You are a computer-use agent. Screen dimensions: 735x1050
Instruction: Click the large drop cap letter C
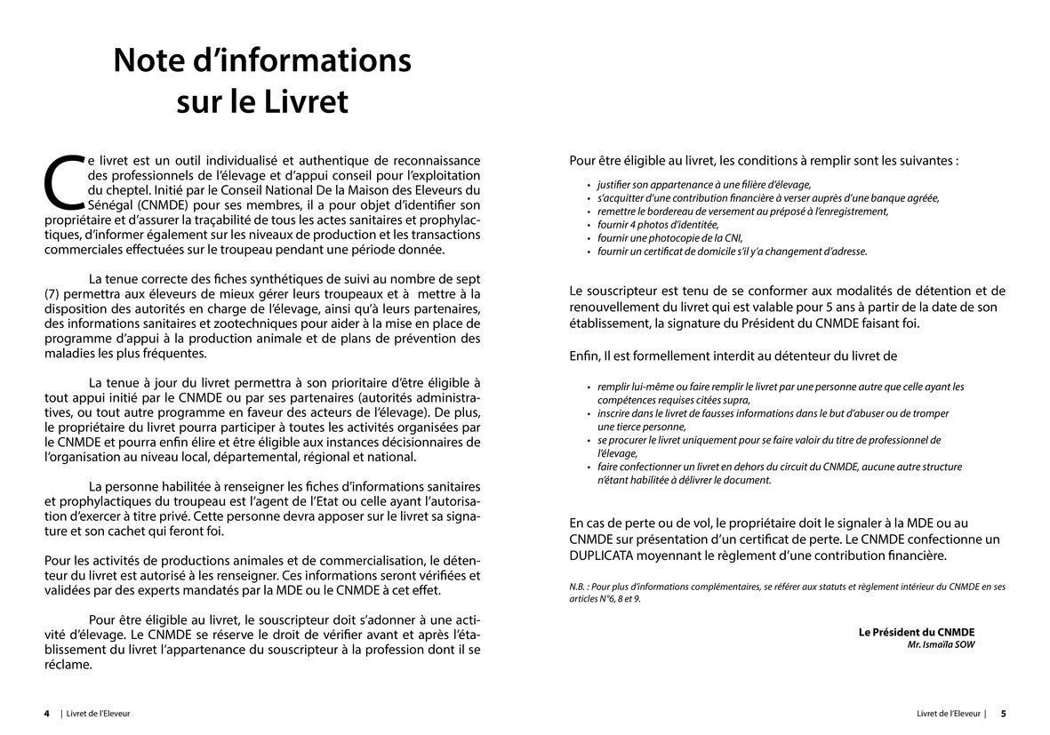point(63,180)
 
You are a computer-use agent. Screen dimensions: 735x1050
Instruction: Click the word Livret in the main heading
point(306,101)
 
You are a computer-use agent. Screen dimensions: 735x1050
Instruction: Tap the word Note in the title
point(156,60)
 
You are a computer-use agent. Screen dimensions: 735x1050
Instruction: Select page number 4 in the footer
point(47,713)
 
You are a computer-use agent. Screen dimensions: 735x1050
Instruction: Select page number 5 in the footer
point(1003,713)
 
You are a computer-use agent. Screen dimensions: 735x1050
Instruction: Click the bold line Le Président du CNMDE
point(916,632)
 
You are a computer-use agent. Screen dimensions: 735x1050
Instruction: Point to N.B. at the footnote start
point(579,587)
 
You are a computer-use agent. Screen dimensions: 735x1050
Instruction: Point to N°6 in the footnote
point(606,599)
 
